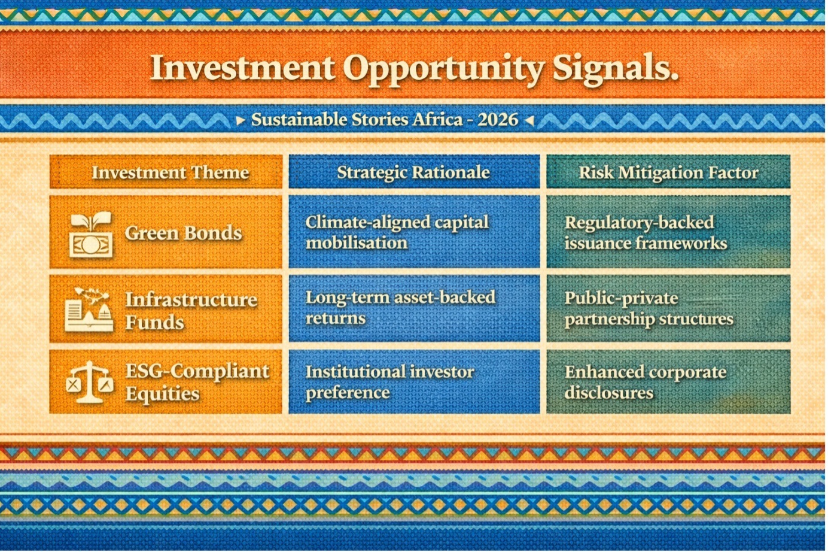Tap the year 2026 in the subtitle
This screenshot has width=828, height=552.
498,120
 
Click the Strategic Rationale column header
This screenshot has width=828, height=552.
414,172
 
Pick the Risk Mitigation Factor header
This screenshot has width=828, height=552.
668,172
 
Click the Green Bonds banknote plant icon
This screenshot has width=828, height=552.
91,234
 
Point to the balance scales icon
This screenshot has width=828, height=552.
90,382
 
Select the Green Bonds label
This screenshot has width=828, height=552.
183,233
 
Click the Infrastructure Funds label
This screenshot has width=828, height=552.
191,310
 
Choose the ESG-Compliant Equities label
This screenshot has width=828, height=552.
197,382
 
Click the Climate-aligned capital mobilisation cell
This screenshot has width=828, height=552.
414,232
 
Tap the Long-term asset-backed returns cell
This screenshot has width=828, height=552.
414,308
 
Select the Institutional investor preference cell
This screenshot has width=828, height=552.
414,381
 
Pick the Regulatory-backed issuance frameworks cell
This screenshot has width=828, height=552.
668,232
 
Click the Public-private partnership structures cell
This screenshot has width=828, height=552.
668,308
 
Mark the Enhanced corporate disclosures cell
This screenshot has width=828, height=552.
668,381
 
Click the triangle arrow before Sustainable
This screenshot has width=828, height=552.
241,120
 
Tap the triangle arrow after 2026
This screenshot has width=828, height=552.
529,120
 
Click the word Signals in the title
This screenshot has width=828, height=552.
615,69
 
